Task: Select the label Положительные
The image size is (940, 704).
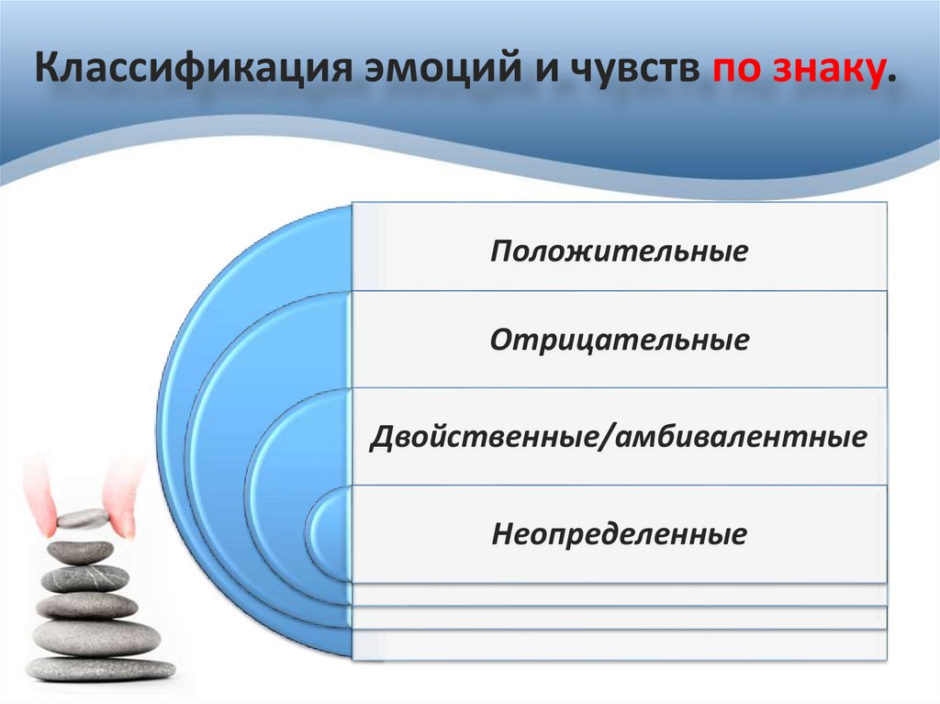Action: click(x=619, y=251)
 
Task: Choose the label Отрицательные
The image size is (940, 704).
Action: click(x=619, y=341)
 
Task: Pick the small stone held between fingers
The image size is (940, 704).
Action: click(x=83, y=519)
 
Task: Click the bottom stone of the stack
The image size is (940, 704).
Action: click(x=100, y=668)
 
